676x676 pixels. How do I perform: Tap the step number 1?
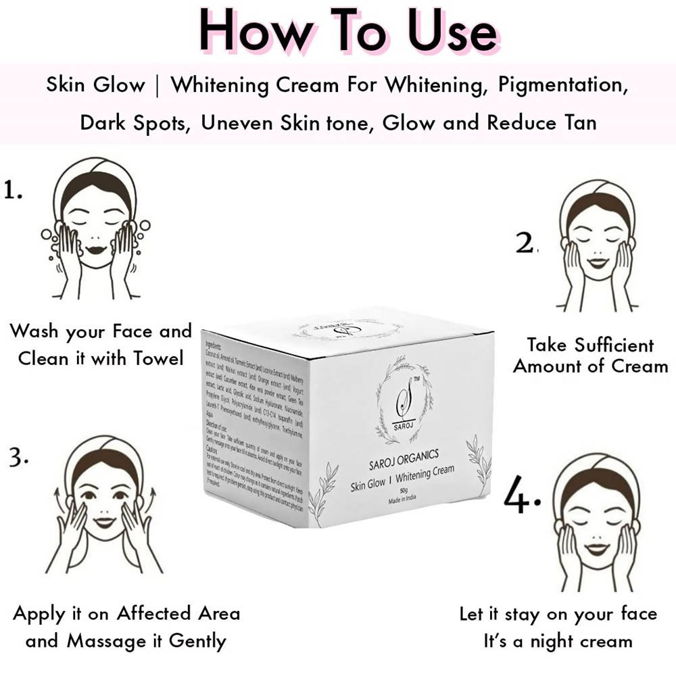tap(13, 191)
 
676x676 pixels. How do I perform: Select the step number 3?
tap(18, 458)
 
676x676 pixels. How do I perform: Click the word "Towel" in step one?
tap(155, 358)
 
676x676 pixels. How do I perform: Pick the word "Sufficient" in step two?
tap(610, 345)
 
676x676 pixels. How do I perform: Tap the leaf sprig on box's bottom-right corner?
tap(479, 460)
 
